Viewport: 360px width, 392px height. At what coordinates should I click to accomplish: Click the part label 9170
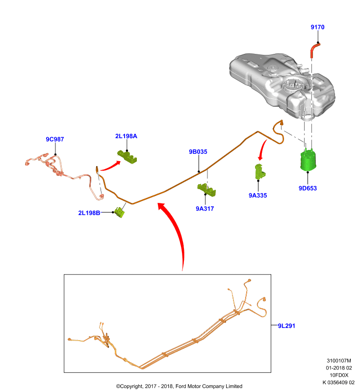tap(317, 27)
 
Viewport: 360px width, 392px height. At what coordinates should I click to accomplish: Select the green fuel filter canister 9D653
tap(308, 161)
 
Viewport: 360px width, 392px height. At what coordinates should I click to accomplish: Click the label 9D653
tap(308, 188)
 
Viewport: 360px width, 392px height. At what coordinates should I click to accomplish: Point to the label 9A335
tap(257, 196)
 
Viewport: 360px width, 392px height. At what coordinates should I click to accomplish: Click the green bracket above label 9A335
tap(259, 172)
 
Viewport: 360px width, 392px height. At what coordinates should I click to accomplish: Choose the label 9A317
tap(205, 209)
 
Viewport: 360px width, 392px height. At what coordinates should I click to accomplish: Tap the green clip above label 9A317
tap(206, 190)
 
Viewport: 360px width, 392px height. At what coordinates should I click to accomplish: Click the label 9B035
tap(198, 152)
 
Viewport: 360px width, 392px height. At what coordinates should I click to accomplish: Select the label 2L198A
tap(126, 136)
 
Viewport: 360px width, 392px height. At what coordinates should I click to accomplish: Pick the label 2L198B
tap(89, 213)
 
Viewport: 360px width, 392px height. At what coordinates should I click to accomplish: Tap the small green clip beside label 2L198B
tap(120, 212)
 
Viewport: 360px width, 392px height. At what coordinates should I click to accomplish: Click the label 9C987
tap(55, 139)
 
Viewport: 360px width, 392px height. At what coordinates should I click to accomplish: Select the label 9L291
tap(286, 326)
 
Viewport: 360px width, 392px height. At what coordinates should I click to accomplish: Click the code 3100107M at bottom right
tap(339, 361)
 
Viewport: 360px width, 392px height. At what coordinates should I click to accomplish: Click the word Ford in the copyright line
tap(181, 386)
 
